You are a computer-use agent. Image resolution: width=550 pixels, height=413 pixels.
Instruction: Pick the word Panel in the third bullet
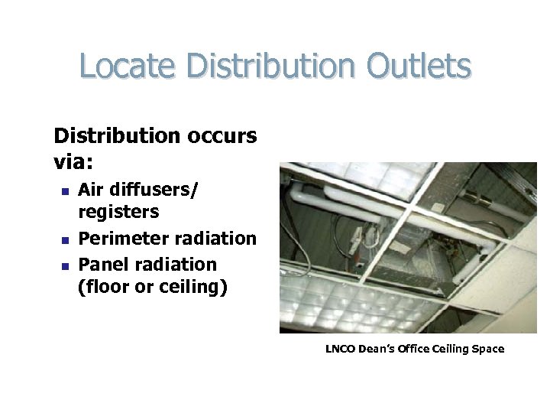101,264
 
